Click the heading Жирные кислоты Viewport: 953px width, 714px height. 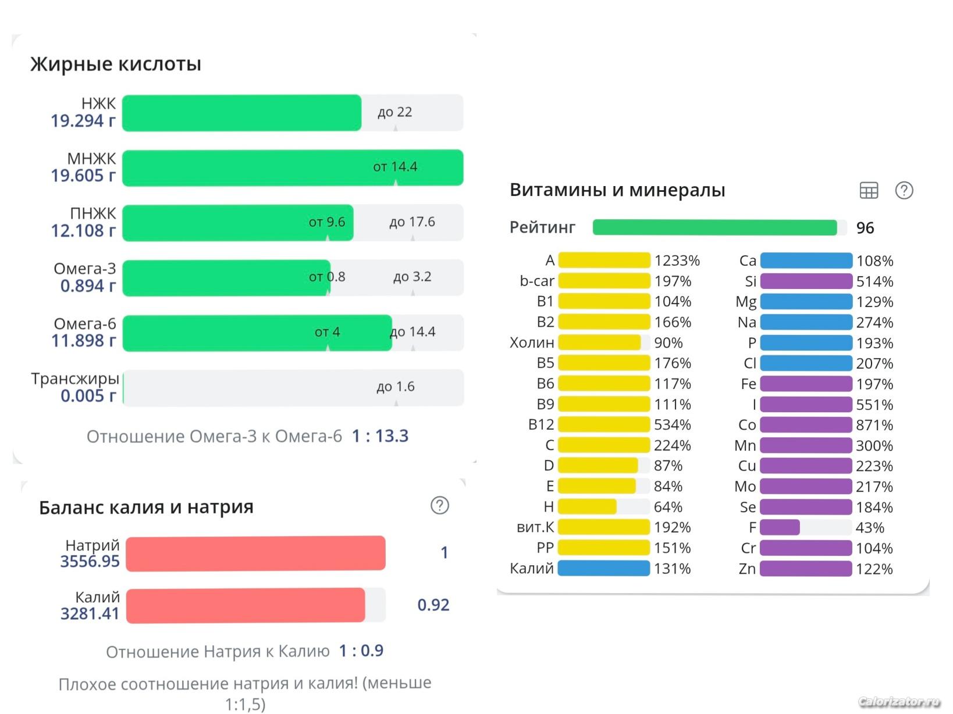116,64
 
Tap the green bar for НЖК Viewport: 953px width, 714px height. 241,113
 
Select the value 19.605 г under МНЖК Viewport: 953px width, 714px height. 83,176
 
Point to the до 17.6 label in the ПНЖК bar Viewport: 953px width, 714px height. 412,222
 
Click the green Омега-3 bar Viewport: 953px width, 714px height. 226,277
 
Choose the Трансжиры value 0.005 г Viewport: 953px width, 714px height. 88,396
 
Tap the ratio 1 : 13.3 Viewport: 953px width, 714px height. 380,436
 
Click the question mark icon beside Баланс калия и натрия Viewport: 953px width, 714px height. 440,505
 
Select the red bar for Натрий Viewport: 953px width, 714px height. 255,553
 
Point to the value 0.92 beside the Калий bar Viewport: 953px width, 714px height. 433,605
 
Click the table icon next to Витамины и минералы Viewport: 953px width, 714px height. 869,190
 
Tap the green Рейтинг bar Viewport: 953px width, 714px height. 714,227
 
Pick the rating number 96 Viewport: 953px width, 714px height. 865,228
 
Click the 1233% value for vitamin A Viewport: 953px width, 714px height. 677,260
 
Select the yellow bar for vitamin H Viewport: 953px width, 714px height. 587,507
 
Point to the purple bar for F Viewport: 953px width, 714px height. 780,527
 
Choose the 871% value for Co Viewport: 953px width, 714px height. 874,425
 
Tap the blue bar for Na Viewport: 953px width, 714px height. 806,322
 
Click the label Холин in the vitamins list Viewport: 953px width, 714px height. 532,342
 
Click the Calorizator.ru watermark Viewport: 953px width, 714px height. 899,702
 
